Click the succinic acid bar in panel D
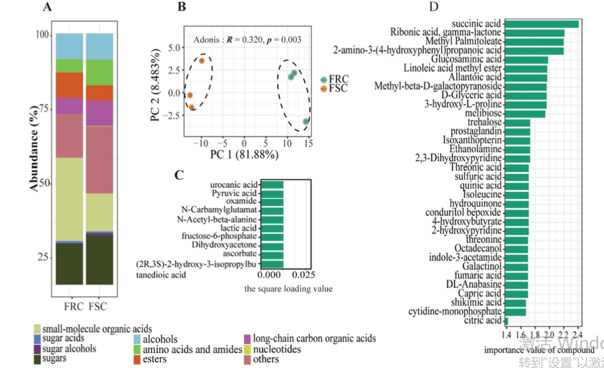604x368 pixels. pos(541,24)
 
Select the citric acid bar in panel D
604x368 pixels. pos(506,320)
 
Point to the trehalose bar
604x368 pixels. pos(517,122)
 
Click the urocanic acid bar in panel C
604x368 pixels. pos(272,185)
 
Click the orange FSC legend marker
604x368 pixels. pos(324,89)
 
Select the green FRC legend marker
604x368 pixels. pos(324,80)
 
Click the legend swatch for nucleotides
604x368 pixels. pos(247,349)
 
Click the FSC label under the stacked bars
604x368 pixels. pos(97,306)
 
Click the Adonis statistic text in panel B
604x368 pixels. pos(247,40)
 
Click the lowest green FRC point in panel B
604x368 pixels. pos(306,121)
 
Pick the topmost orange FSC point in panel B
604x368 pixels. pos(202,60)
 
